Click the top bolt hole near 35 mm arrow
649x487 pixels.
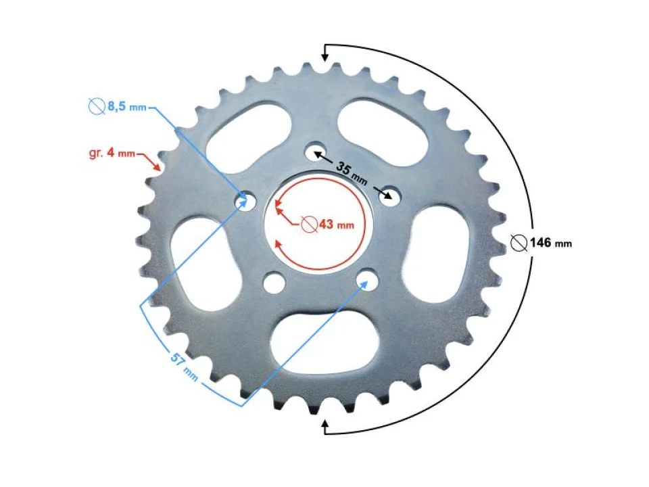[x=314, y=152]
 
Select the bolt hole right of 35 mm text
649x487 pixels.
[x=389, y=196]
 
